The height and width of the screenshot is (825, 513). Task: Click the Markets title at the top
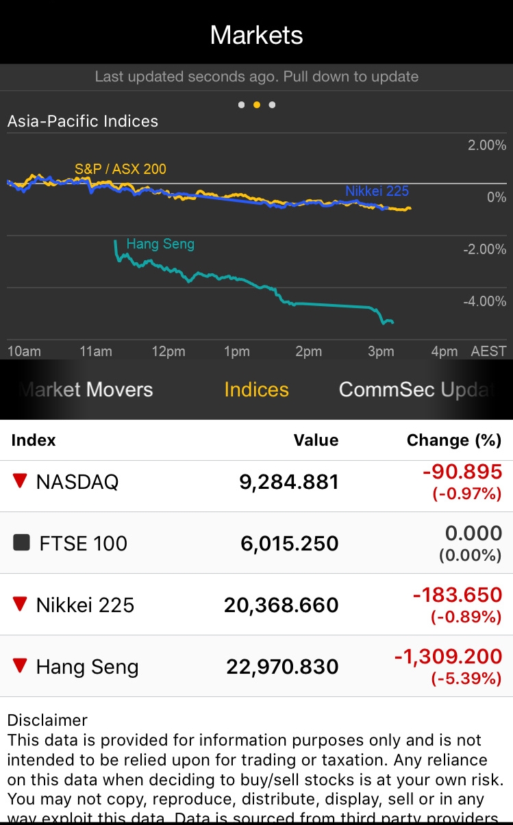(x=256, y=35)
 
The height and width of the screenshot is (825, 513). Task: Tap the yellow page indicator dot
(x=257, y=105)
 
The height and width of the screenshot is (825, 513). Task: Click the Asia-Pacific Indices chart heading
(x=83, y=122)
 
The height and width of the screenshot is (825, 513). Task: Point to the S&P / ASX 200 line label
(x=121, y=169)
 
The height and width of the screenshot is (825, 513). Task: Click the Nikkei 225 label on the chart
(x=377, y=191)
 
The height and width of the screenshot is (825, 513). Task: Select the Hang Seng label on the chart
(x=160, y=244)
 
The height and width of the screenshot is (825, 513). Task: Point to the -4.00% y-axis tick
(x=484, y=301)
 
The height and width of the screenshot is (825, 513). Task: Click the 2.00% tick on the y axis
(x=487, y=145)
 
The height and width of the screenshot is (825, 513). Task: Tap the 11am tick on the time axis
(x=96, y=351)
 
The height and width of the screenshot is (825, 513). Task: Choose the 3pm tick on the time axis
(x=381, y=351)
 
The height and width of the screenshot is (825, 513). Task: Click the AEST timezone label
(x=488, y=351)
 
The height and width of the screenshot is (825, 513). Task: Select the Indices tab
(x=256, y=390)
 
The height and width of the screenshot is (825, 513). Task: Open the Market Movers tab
(x=86, y=390)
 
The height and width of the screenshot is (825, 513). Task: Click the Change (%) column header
(x=454, y=440)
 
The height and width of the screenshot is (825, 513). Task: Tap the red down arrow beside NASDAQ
(x=21, y=481)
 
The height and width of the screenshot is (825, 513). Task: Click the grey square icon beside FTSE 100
(x=22, y=543)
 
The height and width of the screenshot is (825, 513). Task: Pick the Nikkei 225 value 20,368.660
(x=281, y=605)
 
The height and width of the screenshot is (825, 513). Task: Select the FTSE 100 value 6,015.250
(x=290, y=544)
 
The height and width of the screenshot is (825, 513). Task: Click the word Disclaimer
(x=47, y=720)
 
